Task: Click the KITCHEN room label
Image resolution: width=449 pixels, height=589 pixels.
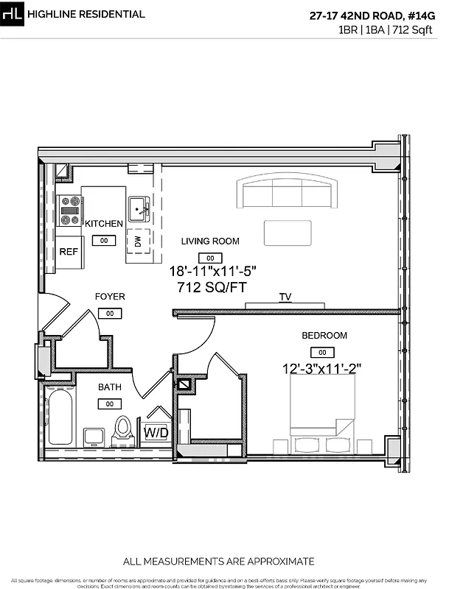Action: click(x=104, y=224)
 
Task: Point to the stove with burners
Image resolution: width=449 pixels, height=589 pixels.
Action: click(x=71, y=210)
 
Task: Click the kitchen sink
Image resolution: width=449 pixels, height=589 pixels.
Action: click(x=139, y=210)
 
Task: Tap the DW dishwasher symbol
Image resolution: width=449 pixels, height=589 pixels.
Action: click(x=138, y=240)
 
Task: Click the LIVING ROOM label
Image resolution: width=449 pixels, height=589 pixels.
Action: click(x=211, y=241)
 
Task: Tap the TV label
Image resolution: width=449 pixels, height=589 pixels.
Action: click(x=285, y=297)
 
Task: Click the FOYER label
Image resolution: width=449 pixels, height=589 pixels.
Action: click(x=110, y=297)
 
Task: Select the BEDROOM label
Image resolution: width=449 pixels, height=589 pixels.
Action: click(x=324, y=336)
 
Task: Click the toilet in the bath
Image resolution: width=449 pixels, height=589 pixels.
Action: click(x=123, y=429)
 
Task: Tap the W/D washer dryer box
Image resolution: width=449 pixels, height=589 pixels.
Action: click(x=156, y=432)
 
